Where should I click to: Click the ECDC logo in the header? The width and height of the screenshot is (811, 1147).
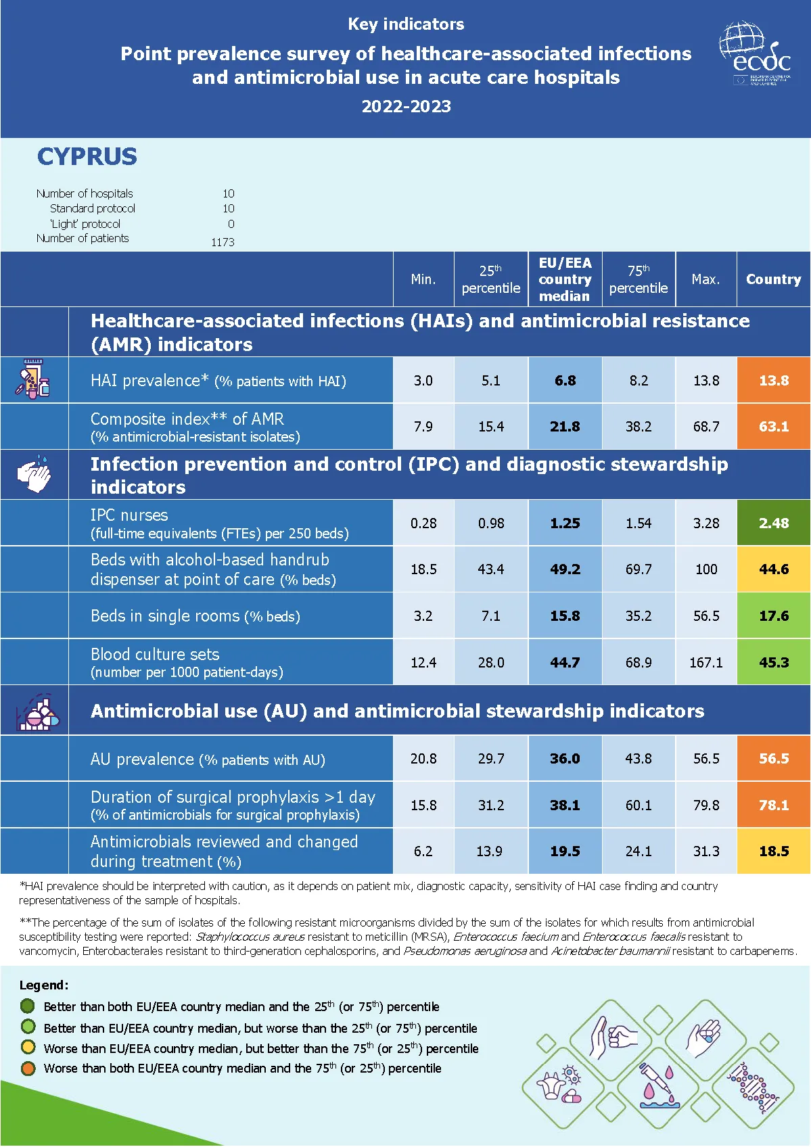tap(755, 54)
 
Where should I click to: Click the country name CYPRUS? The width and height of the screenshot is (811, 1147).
tap(87, 157)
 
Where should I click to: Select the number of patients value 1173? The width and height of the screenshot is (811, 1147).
tap(223, 242)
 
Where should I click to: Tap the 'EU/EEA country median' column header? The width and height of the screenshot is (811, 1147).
tap(565, 279)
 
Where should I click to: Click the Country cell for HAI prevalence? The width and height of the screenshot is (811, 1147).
tap(773, 381)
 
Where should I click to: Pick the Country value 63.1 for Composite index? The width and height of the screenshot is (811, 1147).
tap(773, 427)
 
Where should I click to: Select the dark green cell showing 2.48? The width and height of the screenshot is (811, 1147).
tap(773, 523)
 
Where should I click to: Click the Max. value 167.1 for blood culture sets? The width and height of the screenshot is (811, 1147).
tap(705, 663)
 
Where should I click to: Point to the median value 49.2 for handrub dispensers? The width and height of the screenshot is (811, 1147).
tap(565, 569)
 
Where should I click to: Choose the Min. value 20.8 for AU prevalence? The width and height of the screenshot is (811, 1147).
tap(423, 759)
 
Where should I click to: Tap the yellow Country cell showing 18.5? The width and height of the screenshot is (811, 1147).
tap(773, 851)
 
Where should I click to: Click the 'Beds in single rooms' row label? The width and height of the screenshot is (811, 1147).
tap(195, 616)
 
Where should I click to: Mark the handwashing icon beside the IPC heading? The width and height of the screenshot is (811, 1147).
tap(34, 474)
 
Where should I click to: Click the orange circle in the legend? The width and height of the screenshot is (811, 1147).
tap(28, 1069)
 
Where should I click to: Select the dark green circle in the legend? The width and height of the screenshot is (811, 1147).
tap(28, 1006)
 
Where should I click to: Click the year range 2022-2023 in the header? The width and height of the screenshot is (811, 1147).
tap(406, 106)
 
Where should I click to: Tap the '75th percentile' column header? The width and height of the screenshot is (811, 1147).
tap(638, 279)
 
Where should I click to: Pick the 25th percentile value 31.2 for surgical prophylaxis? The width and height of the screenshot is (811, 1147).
tap(490, 805)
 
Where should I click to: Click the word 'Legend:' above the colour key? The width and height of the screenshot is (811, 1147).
tap(44, 985)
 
